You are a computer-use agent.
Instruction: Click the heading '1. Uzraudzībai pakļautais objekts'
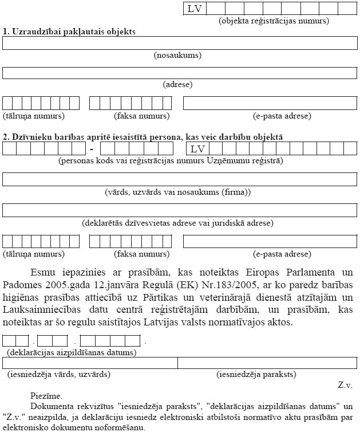[x=69, y=32]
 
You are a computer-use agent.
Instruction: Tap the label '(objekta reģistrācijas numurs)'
[x=274, y=21]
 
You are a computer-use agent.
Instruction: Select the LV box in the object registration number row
[x=195, y=9]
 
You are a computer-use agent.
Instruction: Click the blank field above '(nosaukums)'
[x=180, y=44]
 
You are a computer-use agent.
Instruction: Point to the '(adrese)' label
[x=177, y=84]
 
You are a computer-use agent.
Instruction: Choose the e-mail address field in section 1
[x=270, y=103]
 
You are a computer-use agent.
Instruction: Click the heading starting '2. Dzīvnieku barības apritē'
[x=143, y=137]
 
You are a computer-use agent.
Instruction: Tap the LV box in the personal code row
[x=197, y=149]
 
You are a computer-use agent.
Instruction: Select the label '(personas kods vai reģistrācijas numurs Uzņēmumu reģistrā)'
[x=171, y=161]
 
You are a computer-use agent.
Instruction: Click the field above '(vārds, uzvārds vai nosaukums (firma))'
[x=180, y=179]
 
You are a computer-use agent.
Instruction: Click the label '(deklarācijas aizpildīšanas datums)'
[x=72, y=352]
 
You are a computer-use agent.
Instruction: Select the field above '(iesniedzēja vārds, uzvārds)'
[x=90, y=363]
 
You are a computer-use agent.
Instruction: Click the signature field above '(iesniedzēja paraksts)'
[x=267, y=363]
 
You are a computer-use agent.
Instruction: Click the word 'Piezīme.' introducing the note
[x=46, y=395]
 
